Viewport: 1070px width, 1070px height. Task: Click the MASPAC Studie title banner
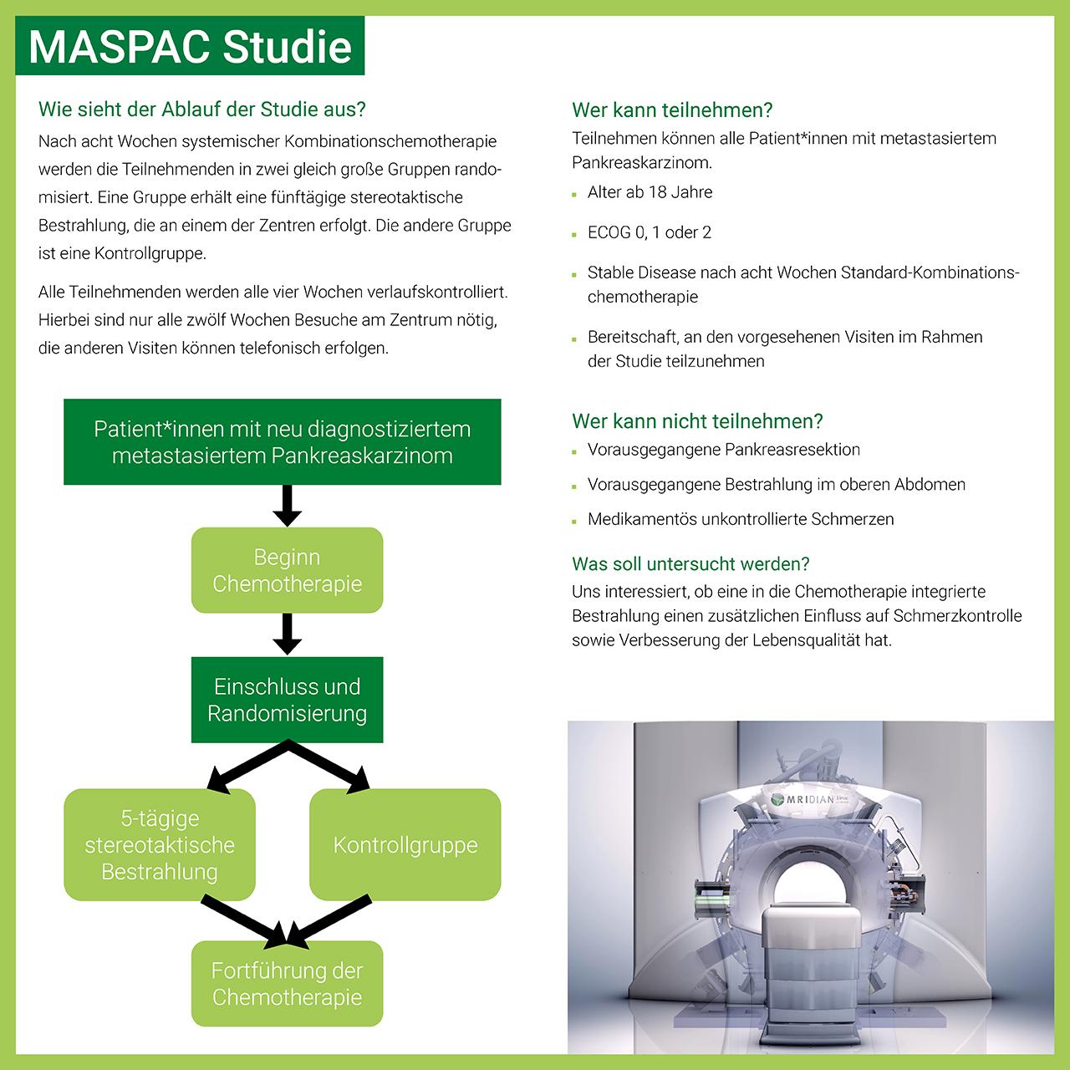point(190,46)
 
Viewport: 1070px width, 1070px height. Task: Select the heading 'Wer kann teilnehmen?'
point(672,110)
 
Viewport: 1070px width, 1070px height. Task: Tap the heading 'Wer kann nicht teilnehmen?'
point(697,421)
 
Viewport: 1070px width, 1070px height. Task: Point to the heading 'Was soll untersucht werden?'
point(690,564)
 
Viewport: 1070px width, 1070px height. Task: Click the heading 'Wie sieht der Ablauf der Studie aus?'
point(202,110)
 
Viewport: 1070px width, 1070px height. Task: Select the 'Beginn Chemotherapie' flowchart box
point(287,570)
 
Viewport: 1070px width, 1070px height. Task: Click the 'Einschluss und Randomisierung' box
point(287,700)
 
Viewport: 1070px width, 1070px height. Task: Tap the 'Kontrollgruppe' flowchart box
point(405,845)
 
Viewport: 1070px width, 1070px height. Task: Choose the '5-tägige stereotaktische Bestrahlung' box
point(160,845)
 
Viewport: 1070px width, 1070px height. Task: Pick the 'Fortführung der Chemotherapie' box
point(287,984)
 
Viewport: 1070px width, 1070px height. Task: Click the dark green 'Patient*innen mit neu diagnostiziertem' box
point(283,442)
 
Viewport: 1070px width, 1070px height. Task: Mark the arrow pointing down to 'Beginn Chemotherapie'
point(287,506)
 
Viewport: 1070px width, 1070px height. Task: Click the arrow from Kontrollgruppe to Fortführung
point(328,922)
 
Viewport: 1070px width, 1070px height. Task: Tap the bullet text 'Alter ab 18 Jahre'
point(650,192)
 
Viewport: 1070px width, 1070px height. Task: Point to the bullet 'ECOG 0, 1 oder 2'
point(649,232)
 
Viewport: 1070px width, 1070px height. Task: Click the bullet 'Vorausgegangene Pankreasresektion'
point(723,450)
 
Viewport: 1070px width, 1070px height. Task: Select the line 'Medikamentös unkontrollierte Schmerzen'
point(740,519)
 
